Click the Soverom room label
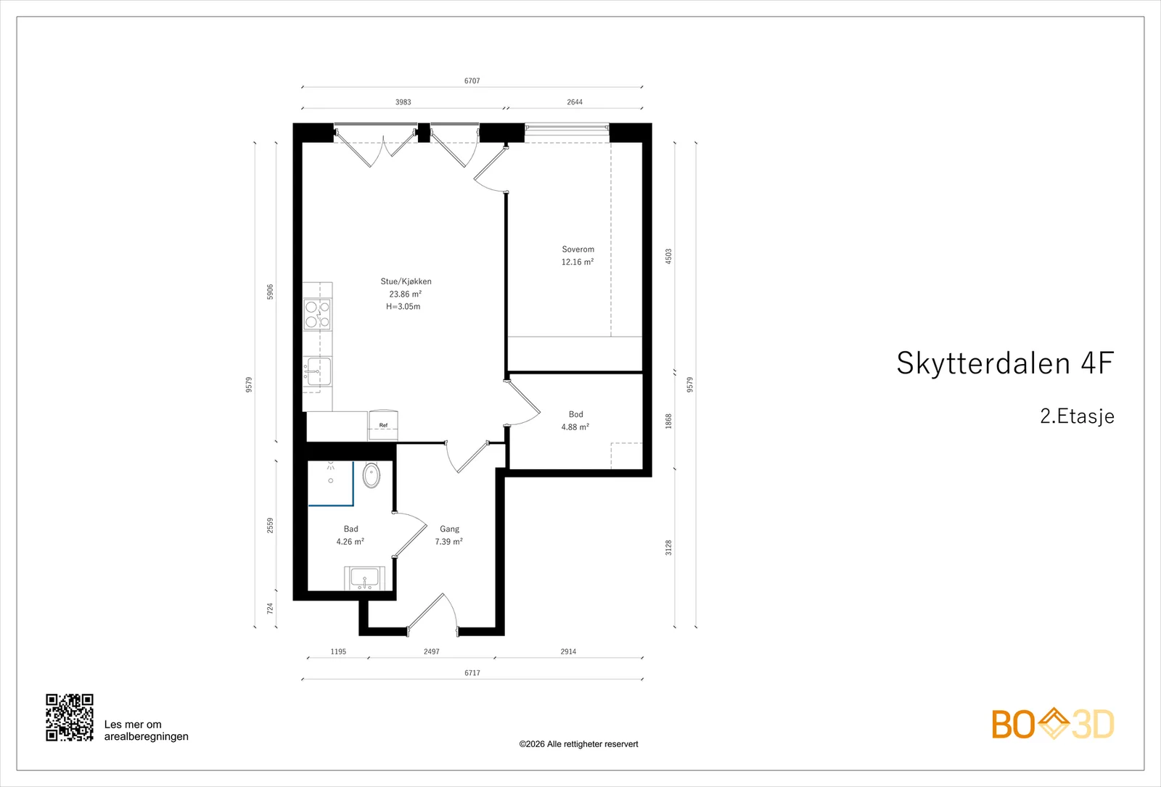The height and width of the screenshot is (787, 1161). pyautogui.click(x=578, y=250)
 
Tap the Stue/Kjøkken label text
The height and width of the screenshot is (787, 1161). pyautogui.click(x=406, y=281)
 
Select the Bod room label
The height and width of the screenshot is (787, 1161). pyautogui.click(x=576, y=414)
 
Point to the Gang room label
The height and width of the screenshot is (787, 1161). pyautogui.click(x=449, y=529)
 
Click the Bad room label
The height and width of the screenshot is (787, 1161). pyautogui.click(x=351, y=529)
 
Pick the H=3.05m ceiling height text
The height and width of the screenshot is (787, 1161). pyautogui.click(x=403, y=306)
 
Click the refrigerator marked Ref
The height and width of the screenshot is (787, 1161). pyautogui.click(x=384, y=425)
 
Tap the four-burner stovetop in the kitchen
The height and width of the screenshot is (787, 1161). pyautogui.click(x=317, y=315)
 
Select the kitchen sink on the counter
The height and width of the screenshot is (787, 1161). pyautogui.click(x=317, y=371)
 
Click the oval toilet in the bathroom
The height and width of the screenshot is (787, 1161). pyautogui.click(x=371, y=474)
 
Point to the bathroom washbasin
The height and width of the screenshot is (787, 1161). pyautogui.click(x=364, y=578)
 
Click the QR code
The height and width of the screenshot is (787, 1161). pyautogui.click(x=70, y=717)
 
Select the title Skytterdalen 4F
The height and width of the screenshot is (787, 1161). pyautogui.click(x=1005, y=363)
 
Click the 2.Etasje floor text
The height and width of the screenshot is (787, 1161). pyautogui.click(x=1077, y=416)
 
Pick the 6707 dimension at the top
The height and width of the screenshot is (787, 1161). pyautogui.click(x=472, y=81)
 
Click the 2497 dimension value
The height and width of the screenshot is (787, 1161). pyautogui.click(x=432, y=651)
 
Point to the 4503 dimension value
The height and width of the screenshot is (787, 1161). pyautogui.click(x=668, y=257)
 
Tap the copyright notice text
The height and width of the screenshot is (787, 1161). pyautogui.click(x=578, y=744)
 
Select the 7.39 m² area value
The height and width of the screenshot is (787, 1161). pyautogui.click(x=449, y=541)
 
